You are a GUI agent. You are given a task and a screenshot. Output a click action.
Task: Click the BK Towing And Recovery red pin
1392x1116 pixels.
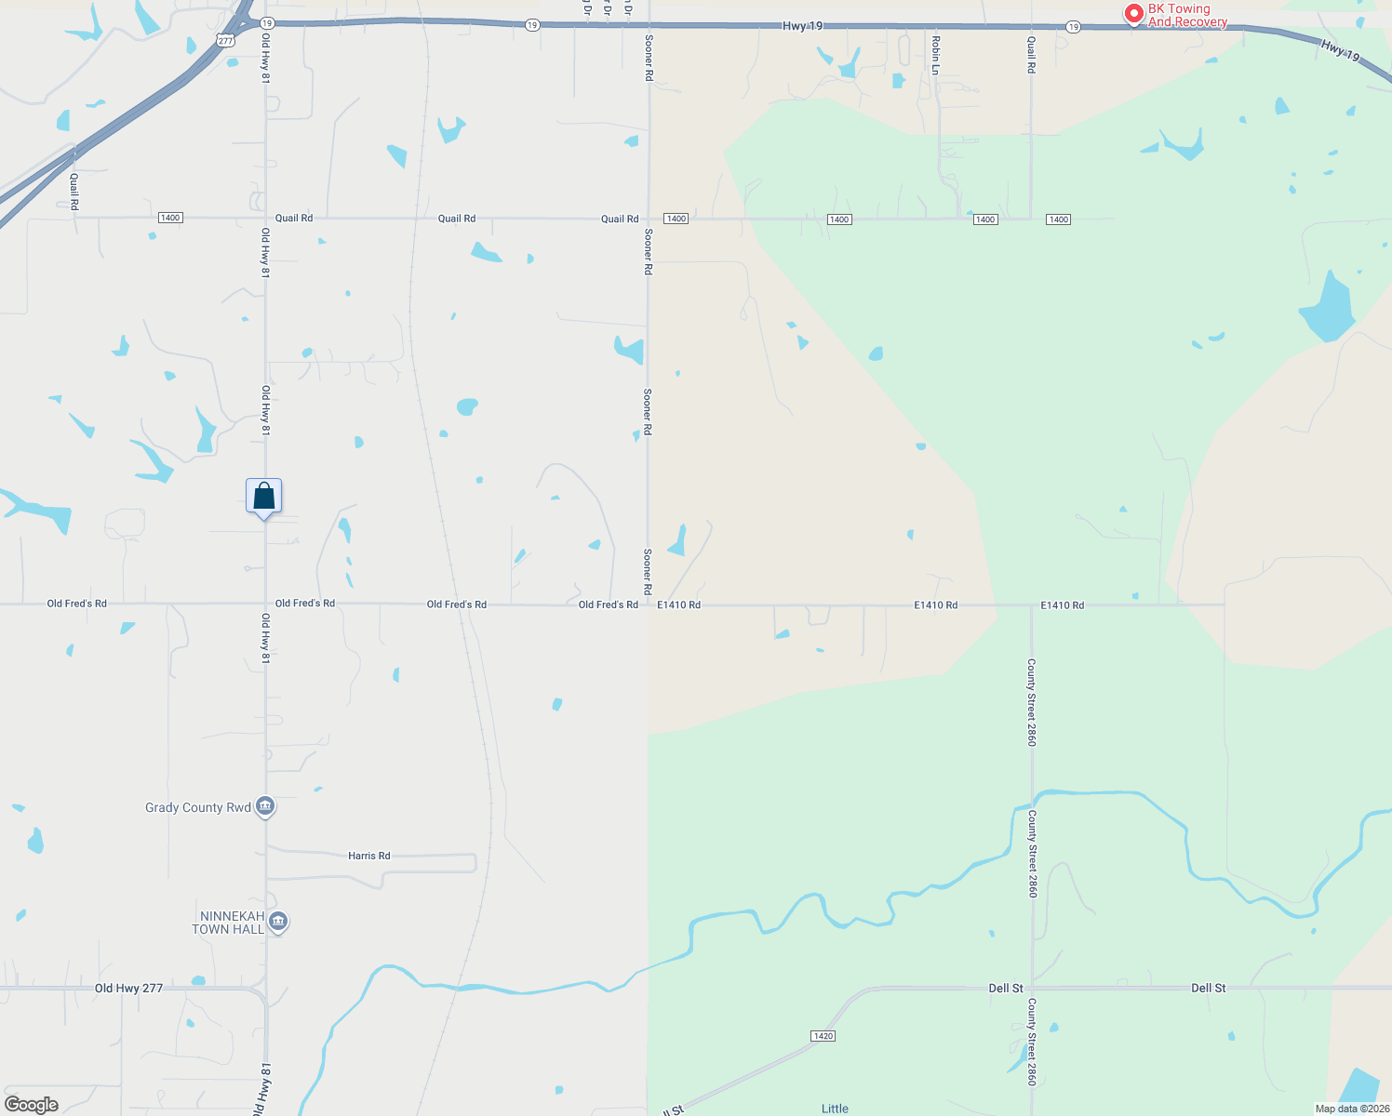[x=1133, y=14]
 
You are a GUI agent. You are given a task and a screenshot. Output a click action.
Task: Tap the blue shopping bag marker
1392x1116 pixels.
[x=263, y=496]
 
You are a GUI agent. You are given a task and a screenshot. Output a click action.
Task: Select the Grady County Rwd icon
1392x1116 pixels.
[x=265, y=806]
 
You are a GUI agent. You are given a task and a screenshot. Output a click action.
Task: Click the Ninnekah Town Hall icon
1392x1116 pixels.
[x=277, y=922]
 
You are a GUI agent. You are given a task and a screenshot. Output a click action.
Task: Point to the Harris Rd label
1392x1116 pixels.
[x=368, y=856]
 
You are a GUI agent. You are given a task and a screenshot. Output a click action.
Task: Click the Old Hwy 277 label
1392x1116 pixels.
[x=128, y=989]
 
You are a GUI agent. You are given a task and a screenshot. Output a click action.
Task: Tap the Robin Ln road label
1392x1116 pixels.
[x=936, y=55]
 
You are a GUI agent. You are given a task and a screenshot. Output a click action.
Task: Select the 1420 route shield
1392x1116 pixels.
[x=823, y=1036]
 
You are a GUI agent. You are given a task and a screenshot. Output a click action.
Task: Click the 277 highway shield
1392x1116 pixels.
[x=225, y=41]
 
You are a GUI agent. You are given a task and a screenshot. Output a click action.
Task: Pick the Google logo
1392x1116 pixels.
[x=32, y=1105]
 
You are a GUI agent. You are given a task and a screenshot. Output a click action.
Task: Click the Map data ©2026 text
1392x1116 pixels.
[x=1352, y=1109]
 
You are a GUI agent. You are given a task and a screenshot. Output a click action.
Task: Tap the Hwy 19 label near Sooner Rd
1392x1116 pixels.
[x=802, y=26]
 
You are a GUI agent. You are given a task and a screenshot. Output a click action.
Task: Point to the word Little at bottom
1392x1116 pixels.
[x=835, y=1109]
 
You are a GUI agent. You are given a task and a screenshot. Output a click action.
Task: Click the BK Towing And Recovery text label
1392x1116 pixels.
[x=1187, y=15]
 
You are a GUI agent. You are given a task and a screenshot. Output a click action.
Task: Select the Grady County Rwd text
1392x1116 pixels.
[x=197, y=807]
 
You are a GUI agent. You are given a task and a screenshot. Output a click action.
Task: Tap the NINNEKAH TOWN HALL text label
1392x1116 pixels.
[x=228, y=923]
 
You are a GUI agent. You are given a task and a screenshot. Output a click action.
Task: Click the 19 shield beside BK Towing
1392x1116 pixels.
[x=1073, y=27]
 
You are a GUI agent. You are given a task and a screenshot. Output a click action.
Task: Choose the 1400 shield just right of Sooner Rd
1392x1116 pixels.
[x=676, y=219]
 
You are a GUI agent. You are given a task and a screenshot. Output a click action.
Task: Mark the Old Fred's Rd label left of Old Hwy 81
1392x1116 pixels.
[x=77, y=604]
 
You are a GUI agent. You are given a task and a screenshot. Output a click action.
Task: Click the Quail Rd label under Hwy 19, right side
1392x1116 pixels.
[x=1031, y=55]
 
